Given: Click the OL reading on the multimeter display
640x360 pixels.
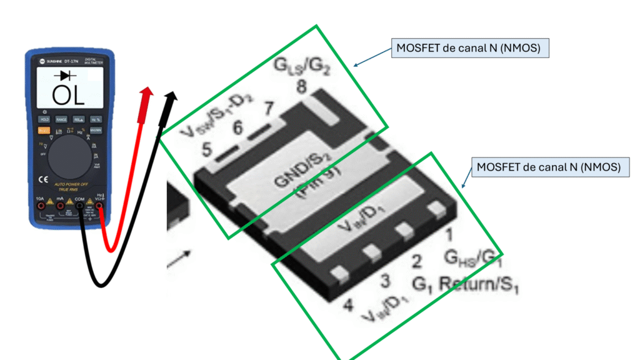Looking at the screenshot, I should [68, 95].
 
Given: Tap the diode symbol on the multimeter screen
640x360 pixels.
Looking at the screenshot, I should [65, 76].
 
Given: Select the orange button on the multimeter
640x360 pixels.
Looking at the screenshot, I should [44, 130].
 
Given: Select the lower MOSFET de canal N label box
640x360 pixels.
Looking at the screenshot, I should [549, 167].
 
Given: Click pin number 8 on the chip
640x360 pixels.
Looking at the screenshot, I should [301, 89].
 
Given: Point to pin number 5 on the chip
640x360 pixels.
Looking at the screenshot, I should [207, 150].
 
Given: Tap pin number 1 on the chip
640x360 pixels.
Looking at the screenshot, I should [448, 235].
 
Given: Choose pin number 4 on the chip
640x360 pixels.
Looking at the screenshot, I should [349, 306].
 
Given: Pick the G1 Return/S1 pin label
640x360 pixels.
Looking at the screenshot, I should [466, 282].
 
